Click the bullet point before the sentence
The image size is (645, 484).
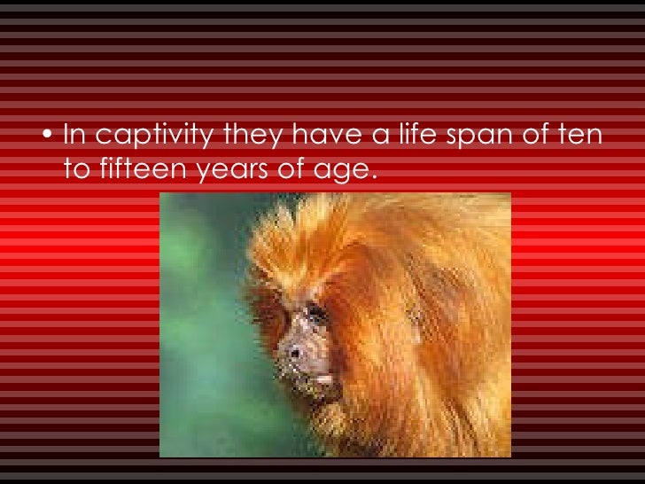click(50, 137)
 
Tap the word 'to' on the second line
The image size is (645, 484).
click(76, 168)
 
